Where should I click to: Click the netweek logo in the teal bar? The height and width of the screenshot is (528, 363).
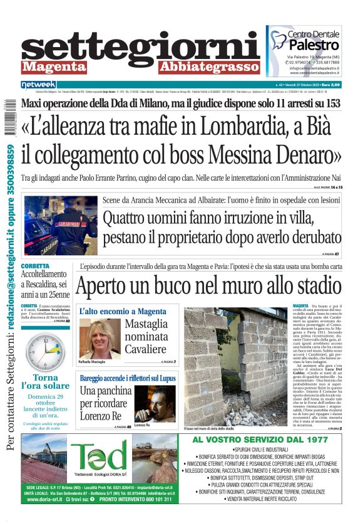tap(39, 84)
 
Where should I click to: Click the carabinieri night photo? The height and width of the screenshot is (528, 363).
tap(60, 225)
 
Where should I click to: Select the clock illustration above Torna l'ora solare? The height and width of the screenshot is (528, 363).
tap(42, 351)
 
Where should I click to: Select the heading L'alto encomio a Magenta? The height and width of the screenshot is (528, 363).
tap(123, 312)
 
